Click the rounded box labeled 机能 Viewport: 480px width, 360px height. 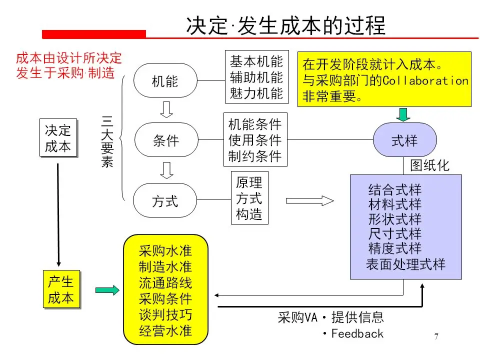pos(164,80)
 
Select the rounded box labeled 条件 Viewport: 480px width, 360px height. pos(165,140)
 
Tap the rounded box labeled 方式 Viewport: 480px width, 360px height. pos(164,201)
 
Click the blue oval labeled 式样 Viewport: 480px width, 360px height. pos(404,140)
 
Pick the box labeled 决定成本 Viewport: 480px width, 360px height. pos(58,138)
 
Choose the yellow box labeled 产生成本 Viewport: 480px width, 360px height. pos(60,290)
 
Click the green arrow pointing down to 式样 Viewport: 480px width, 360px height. pos(404,114)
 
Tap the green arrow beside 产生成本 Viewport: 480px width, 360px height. pos(107,290)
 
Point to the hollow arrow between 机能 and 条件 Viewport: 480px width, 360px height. pos(165,109)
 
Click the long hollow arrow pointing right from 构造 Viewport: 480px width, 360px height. pos(309,201)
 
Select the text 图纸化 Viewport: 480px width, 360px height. pos(429,165)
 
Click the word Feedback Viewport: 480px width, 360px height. pos(357,333)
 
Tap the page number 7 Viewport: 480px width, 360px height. pos(436,336)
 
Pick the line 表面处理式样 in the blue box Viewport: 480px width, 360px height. pos(405,264)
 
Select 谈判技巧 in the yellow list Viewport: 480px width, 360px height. pos(165,315)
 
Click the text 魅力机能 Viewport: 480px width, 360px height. pos(256,93)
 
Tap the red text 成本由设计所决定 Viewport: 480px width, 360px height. pos(69,58)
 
